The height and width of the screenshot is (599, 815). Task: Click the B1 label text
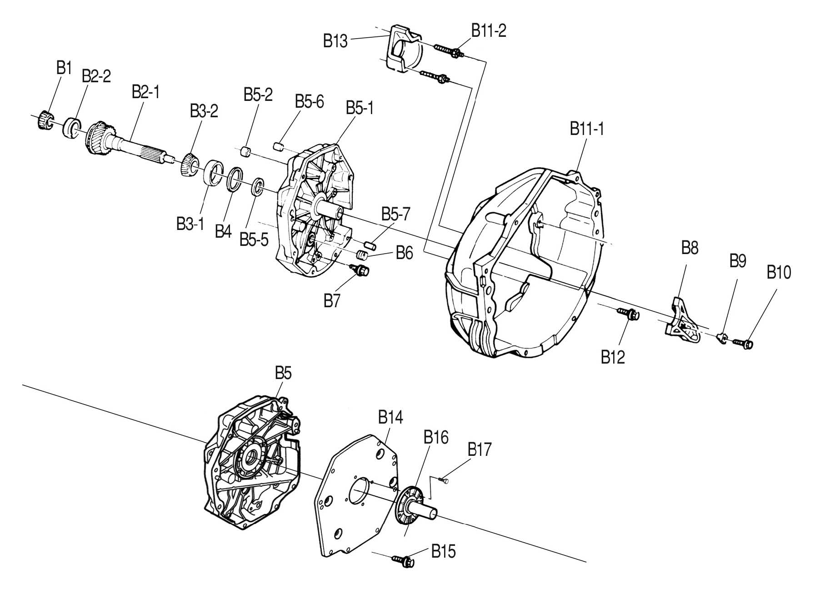point(64,69)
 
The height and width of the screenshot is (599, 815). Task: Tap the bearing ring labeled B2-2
point(72,127)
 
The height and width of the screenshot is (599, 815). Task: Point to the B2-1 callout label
point(145,92)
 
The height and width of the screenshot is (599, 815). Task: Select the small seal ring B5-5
point(258,186)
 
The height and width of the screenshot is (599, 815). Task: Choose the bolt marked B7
point(361,270)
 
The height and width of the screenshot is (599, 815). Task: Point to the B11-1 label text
point(587,129)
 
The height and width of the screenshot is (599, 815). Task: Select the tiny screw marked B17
point(444,479)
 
